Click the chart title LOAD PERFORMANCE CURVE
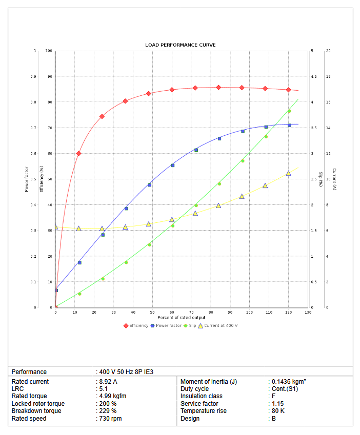(x=180, y=45)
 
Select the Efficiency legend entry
(x=136, y=326)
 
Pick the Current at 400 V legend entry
(x=218, y=326)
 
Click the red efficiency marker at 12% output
(x=78, y=153)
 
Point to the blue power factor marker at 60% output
(x=172, y=165)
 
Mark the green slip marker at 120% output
(x=289, y=111)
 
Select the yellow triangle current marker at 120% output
(x=288, y=173)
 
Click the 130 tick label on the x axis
(x=308, y=312)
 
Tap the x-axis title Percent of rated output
(x=181, y=318)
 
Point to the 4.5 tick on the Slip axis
(x=312, y=77)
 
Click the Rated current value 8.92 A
(x=108, y=382)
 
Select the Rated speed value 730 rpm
(x=111, y=419)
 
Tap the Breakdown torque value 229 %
(x=108, y=411)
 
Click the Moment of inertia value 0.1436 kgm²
(x=289, y=382)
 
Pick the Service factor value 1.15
(x=277, y=404)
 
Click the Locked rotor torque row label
(x=38, y=404)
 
